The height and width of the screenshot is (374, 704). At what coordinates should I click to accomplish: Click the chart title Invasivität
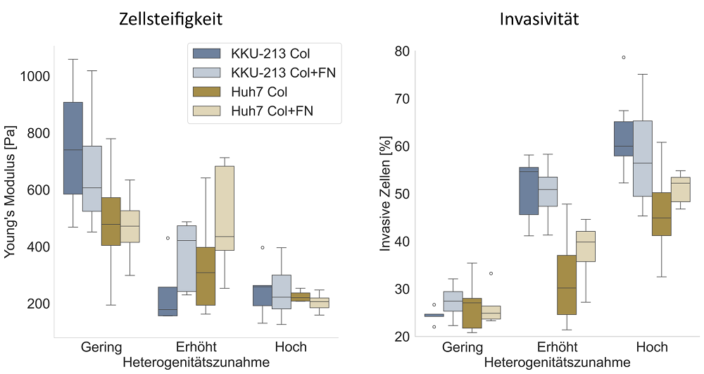[x=539, y=19]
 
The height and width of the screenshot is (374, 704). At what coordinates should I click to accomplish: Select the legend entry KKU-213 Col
[x=270, y=53]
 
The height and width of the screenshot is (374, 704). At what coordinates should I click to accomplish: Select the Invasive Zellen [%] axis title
[x=386, y=194]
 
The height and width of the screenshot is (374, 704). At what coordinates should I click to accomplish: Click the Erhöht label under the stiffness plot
[x=196, y=347]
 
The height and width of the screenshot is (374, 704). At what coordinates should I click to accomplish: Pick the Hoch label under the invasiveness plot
[x=652, y=347]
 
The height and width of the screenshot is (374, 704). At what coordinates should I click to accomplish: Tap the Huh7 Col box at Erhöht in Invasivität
[x=567, y=285]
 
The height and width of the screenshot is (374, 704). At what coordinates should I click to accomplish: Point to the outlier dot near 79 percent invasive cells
[x=624, y=58]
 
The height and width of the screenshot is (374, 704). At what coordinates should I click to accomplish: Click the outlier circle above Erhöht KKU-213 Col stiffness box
[x=168, y=238]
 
